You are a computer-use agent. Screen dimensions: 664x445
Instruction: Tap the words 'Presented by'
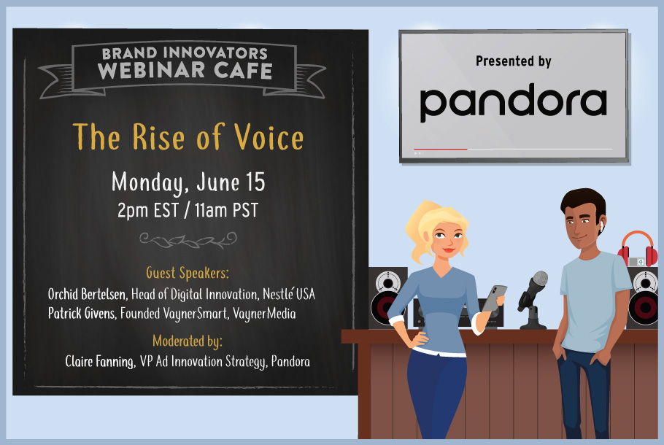(x=513, y=61)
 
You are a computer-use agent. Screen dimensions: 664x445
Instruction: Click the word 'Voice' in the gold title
(x=269, y=137)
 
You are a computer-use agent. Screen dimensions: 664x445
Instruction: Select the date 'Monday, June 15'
(x=188, y=182)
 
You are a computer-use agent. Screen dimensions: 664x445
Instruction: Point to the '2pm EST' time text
(x=148, y=210)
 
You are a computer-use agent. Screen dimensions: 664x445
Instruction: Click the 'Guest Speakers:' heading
(x=188, y=273)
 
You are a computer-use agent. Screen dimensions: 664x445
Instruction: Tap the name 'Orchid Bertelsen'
(x=88, y=294)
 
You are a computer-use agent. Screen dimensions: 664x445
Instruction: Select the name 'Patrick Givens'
(x=82, y=313)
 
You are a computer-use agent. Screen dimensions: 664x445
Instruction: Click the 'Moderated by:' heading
(x=188, y=341)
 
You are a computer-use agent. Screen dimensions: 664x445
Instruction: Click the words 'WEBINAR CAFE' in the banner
(x=185, y=71)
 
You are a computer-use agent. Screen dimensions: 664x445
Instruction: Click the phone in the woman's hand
(x=494, y=298)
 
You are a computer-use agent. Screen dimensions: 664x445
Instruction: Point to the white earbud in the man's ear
(x=601, y=227)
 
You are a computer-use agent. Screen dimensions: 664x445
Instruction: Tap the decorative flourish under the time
(x=188, y=240)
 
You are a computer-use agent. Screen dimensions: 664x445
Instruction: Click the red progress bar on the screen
(x=441, y=149)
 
